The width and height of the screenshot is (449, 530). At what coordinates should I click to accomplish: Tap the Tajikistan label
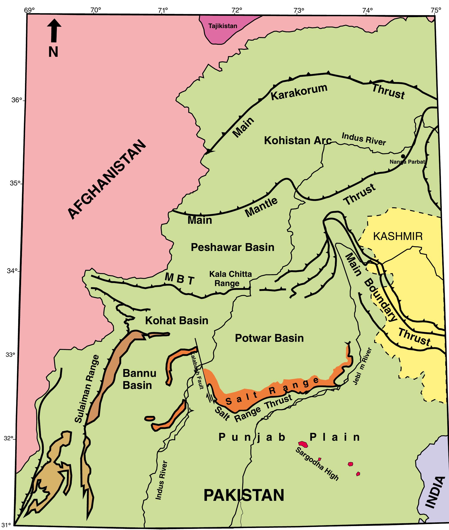pyautogui.click(x=223, y=26)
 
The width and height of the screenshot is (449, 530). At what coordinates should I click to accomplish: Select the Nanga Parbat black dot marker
pyautogui.click(x=403, y=156)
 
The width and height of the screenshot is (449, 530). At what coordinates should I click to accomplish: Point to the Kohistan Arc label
pyautogui.click(x=298, y=140)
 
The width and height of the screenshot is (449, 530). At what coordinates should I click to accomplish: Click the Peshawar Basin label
pyautogui.click(x=232, y=247)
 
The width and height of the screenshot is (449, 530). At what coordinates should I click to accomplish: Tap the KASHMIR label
pyautogui.click(x=398, y=236)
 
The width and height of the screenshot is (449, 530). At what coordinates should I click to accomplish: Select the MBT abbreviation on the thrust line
pyautogui.click(x=180, y=279)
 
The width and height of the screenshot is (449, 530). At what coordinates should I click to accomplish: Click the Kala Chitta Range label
pyautogui.click(x=230, y=278)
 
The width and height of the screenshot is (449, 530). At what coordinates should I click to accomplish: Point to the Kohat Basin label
pyautogui.click(x=176, y=321)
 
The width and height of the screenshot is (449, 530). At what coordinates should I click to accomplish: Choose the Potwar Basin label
pyautogui.click(x=269, y=338)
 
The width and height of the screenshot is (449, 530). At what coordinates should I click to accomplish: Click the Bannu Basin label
pyautogui.click(x=139, y=379)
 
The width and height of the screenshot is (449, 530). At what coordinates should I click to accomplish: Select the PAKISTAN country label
pyautogui.click(x=244, y=495)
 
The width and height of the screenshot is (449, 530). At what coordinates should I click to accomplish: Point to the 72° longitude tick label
pyautogui.click(x=237, y=11)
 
